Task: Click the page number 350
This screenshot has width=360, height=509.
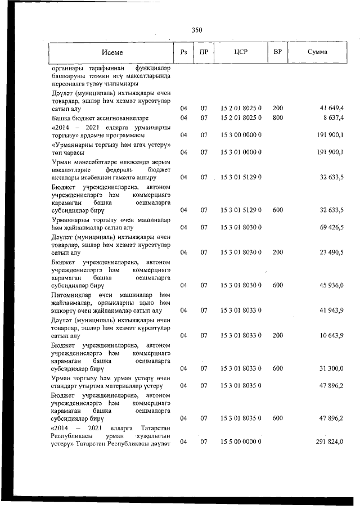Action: pyautogui.click(x=196, y=30)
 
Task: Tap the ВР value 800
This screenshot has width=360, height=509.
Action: pyautogui.click(x=277, y=118)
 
